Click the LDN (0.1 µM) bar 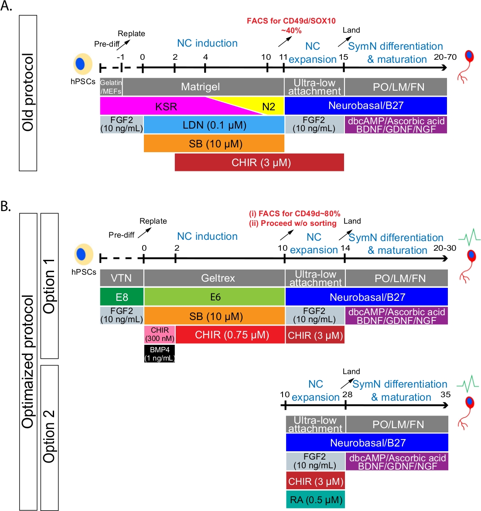click(214, 125)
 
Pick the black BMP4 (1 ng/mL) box click(160, 354)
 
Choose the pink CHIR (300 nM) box click(160, 334)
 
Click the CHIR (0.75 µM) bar click(230, 334)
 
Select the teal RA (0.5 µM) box click(315, 499)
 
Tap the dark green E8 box click(122, 297)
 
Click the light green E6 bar click(215, 297)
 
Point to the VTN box click(122, 278)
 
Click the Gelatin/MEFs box click(111, 87)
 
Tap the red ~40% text click(291, 31)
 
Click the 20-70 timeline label click(445, 57)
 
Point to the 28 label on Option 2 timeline click(348, 394)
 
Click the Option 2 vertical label click(50, 436)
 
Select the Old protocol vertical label click(28, 93)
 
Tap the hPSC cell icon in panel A click(82, 64)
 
